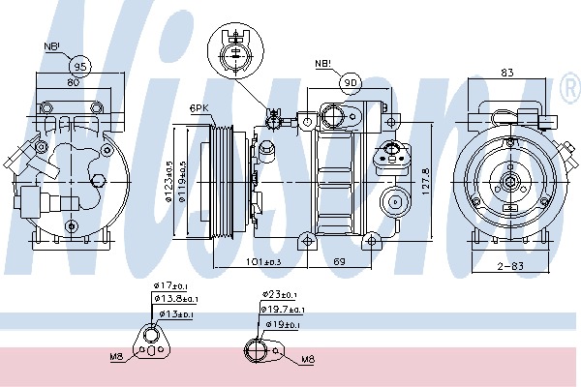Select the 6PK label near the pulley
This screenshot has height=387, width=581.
click(x=199, y=108)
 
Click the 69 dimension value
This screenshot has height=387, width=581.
click(x=340, y=260)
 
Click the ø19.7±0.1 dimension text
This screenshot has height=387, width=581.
click(x=282, y=310)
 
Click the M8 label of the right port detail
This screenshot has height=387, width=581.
click(x=308, y=360)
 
